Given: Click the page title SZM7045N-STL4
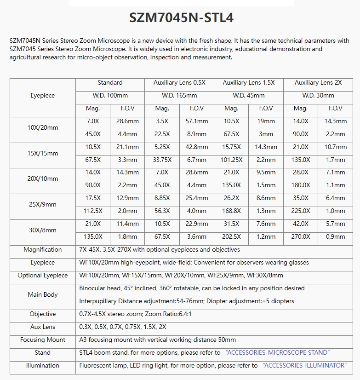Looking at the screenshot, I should click(x=181, y=18).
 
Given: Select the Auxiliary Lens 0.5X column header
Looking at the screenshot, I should click(x=179, y=83).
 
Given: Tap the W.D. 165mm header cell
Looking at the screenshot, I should click(x=179, y=96).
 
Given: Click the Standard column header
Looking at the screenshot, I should click(x=110, y=83).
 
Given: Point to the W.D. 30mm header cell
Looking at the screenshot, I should click(x=318, y=96).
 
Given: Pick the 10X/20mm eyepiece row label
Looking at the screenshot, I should click(x=43, y=128).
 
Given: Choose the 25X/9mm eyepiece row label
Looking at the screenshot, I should click(x=43, y=205).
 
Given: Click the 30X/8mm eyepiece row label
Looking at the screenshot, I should click(x=43, y=230).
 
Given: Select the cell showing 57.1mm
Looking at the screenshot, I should click(x=196, y=121).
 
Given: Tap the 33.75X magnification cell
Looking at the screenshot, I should click(x=162, y=160).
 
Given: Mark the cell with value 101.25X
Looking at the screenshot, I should click(x=231, y=160).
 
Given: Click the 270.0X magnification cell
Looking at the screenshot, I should click(x=301, y=237).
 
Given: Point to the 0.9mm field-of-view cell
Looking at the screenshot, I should click(x=335, y=237).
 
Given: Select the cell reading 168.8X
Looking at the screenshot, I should click(x=231, y=211).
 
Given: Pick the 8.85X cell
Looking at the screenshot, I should click(x=162, y=198).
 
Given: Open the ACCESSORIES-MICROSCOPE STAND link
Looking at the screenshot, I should click(x=278, y=353).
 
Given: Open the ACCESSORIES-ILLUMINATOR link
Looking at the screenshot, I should click(x=304, y=366).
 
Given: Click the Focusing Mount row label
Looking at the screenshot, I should click(x=43, y=340).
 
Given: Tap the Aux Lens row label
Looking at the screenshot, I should click(x=43, y=327).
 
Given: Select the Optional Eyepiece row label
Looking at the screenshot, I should click(x=43, y=276).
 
